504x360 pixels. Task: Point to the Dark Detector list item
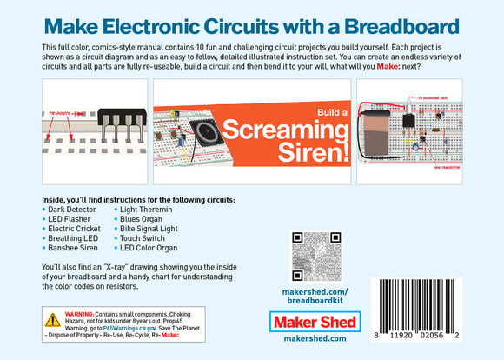click(x=72, y=210)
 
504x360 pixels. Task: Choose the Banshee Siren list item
click(x=73, y=248)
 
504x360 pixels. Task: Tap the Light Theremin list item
click(x=145, y=210)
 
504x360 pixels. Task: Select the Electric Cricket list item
click(x=76, y=229)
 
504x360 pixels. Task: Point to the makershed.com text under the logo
click(x=315, y=339)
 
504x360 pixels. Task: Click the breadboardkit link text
click(x=315, y=301)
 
